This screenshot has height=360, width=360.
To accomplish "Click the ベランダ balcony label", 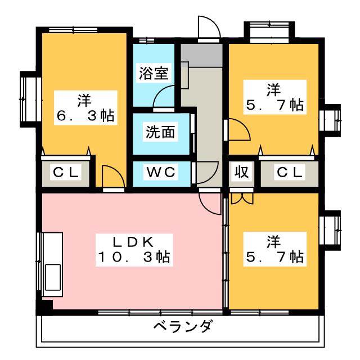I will point(183,326).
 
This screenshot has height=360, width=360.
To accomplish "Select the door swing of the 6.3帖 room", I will point(112,177).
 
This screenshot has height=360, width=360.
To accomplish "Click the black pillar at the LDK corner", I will point(44,307).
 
